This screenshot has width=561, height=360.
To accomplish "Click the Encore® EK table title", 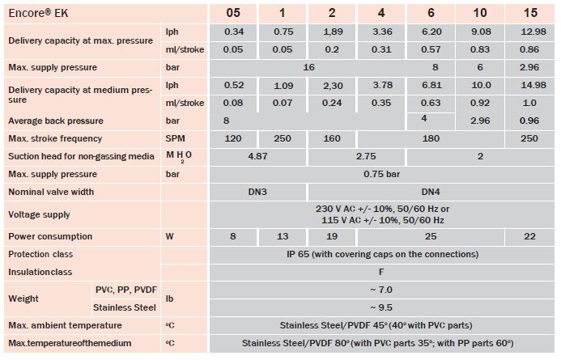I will click(40, 13).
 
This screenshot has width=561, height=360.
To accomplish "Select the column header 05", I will click(232, 13).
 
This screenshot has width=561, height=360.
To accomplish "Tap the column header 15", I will click(529, 13).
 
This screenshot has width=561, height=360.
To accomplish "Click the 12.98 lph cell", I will click(529, 32).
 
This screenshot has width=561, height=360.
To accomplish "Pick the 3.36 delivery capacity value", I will click(381, 32).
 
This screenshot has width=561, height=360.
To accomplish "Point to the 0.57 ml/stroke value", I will click(431, 49).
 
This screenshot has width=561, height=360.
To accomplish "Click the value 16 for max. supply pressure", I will click(308, 67).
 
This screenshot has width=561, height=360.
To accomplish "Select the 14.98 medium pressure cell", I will click(529, 85).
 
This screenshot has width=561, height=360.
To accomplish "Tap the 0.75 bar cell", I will click(382, 174).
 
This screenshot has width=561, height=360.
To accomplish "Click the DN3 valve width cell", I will click(258, 192).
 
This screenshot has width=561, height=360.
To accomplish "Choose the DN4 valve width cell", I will click(431, 192).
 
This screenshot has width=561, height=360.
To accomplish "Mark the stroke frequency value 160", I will click(333, 138).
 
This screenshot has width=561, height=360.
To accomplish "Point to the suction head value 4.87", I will click(258, 156).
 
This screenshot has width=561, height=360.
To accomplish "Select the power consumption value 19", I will click(333, 236).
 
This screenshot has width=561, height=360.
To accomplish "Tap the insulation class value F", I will click(382, 272).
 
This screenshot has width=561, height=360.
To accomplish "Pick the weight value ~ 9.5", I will click(382, 307).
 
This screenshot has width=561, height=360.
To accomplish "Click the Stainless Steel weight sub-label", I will click(124, 307).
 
